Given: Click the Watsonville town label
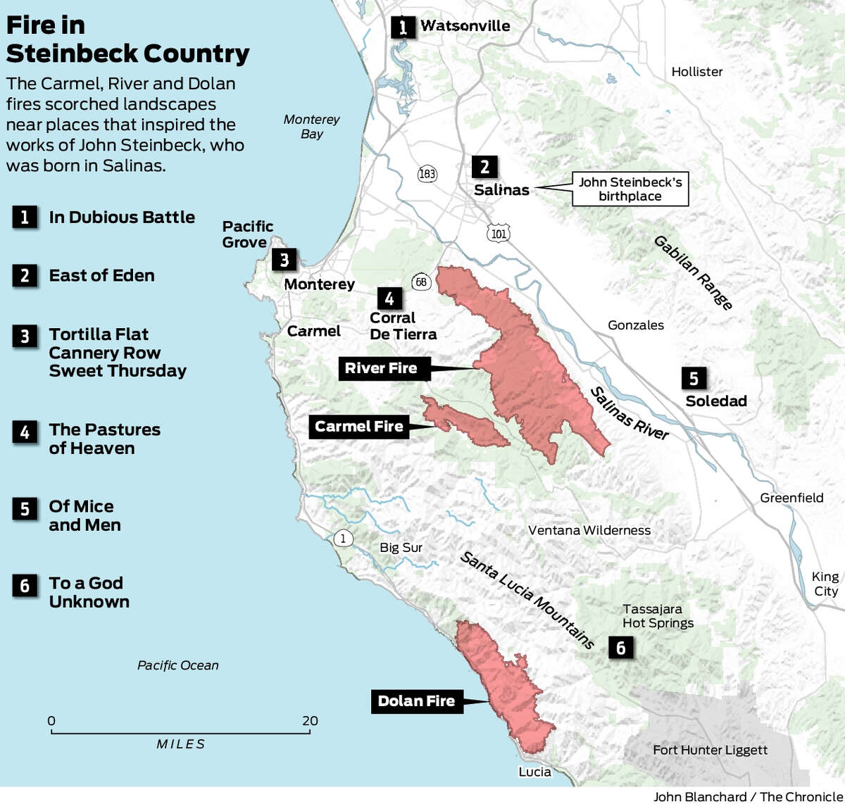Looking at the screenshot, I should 465,26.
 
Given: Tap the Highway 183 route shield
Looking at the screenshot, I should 427,174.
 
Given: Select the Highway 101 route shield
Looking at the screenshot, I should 499,234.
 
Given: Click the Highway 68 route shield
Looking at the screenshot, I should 421,282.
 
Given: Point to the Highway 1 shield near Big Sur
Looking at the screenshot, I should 343,539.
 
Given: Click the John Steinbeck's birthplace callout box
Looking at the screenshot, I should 630,189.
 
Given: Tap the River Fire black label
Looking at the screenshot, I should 381,368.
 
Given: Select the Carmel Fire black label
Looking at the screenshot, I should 359,427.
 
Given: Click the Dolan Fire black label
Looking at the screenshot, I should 416,701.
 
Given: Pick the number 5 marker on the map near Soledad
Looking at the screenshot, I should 694,379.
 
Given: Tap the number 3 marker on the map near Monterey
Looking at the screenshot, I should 284,260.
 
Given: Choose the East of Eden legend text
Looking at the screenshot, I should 101,275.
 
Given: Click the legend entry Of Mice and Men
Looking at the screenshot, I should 84,515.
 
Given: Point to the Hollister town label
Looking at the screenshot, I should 696,72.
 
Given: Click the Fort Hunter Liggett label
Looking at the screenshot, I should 710,750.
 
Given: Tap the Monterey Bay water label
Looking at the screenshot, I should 311,127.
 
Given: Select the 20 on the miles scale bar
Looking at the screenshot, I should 310,721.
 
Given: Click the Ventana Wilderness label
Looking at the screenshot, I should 589,530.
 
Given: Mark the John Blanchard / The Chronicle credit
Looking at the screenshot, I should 748,796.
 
